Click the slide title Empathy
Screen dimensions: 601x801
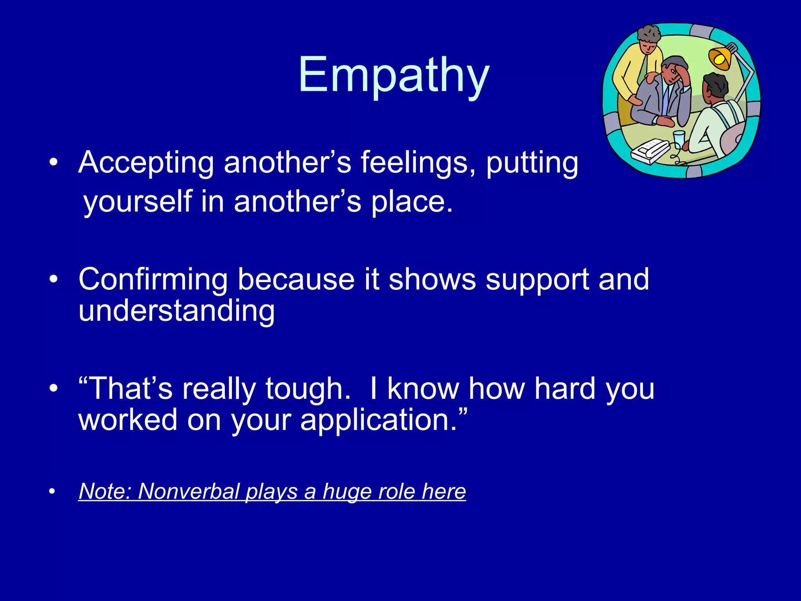tap(393, 75)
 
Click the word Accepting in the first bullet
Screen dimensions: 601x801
tap(146, 162)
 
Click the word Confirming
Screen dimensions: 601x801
tap(153, 279)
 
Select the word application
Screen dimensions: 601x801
tap(378, 420)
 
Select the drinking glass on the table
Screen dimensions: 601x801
tap(679, 139)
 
